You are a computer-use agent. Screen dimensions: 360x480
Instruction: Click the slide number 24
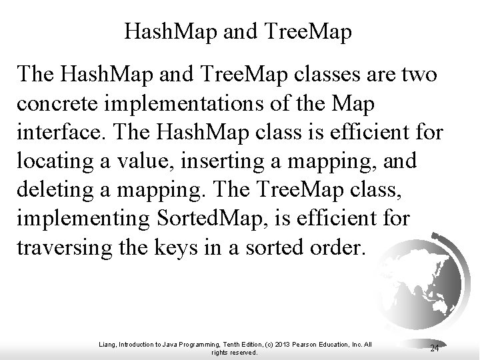coord(434,347)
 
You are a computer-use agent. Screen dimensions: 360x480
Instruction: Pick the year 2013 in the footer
coord(275,344)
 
